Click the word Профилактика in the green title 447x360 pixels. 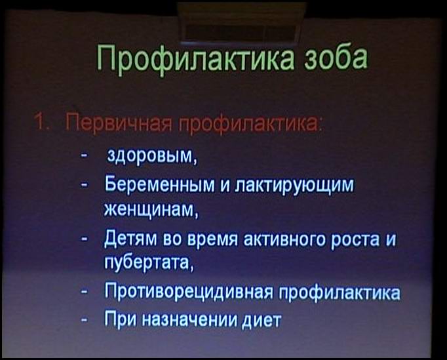(x=195, y=59)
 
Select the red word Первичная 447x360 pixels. (x=119, y=123)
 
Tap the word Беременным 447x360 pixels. (x=160, y=184)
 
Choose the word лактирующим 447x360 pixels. (x=294, y=185)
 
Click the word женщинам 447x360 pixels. (x=151, y=210)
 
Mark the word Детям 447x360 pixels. (x=130, y=239)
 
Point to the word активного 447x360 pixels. (x=284, y=239)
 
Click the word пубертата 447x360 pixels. (x=149, y=263)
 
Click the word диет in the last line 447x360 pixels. (x=262, y=320)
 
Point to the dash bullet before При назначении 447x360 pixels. (x=84, y=319)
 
